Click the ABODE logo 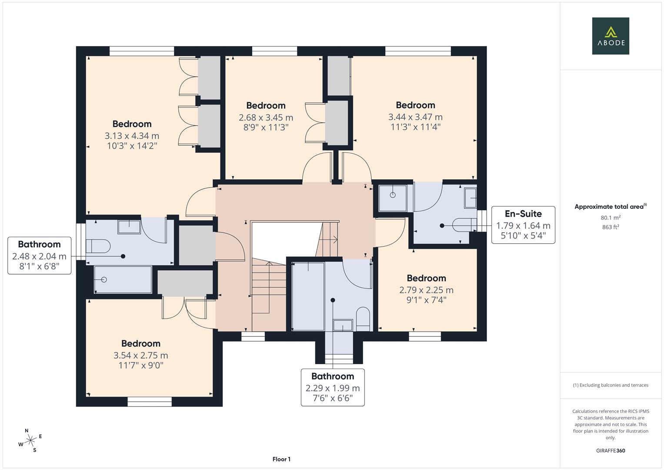[611, 36]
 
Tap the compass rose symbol [30, 440]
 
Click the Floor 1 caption [281, 459]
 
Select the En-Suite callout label [523, 225]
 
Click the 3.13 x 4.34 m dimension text [132, 136]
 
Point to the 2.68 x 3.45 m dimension [266, 117]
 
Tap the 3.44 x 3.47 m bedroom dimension [415, 117]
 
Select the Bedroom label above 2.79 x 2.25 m [426, 278]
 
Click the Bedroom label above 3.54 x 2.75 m [140, 343]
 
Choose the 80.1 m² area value [611, 218]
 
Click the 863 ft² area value [611, 227]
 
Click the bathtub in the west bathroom [123, 280]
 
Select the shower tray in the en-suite [393, 198]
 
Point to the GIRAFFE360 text [611, 451]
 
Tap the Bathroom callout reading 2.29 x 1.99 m [333, 387]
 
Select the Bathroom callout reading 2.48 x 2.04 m [40, 255]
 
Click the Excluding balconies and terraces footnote [611, 385]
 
